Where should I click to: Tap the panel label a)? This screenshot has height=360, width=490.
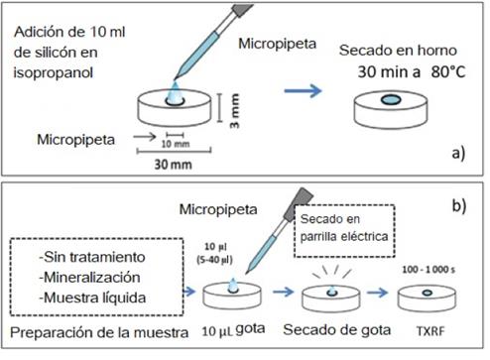458,155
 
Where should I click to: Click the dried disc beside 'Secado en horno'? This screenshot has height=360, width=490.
391,103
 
